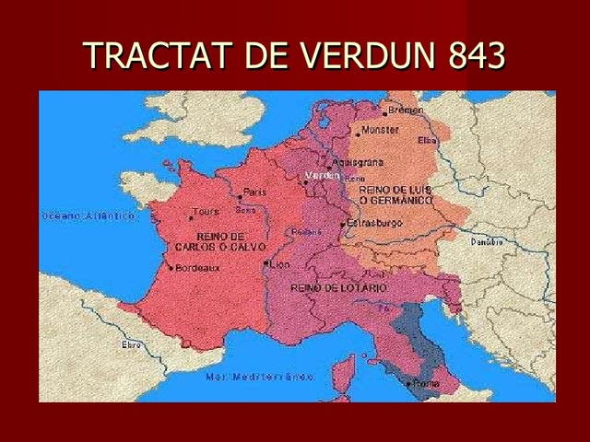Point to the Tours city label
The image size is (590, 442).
click(206, 212)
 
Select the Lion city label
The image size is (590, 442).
click(279, 263)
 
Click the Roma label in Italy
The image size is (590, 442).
click(427, 381)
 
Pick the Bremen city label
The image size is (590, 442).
click(407, 110)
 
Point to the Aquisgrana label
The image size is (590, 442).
click(349, 162)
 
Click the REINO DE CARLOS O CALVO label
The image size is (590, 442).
click(218, 241)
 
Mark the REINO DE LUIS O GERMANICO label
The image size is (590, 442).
click(388, 194)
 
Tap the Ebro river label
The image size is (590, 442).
click(131, 343)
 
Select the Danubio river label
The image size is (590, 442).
click(488, 241)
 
